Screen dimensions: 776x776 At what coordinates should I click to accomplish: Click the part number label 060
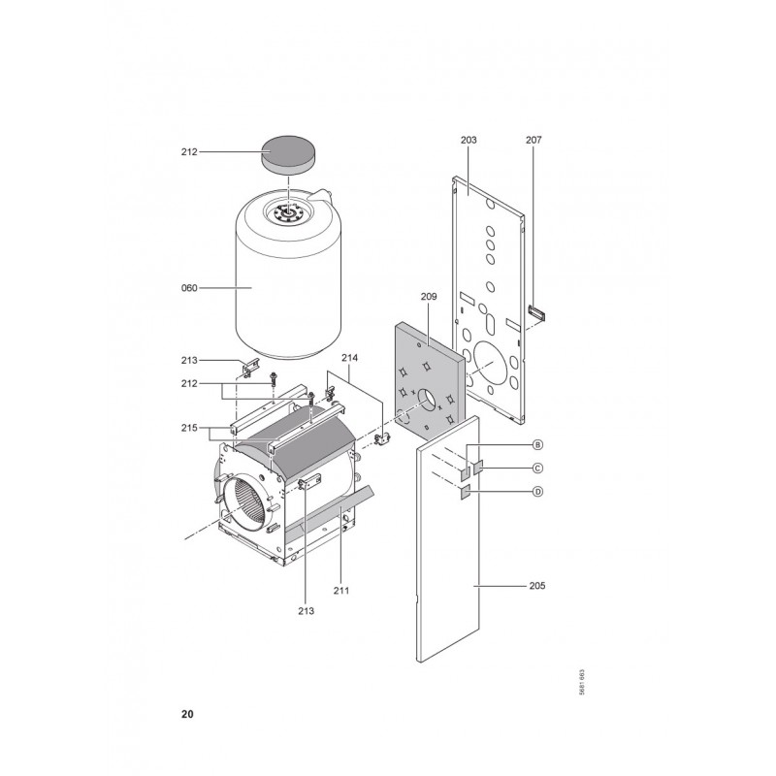(189, 288)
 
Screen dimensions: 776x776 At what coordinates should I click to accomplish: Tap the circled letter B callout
(537, 444)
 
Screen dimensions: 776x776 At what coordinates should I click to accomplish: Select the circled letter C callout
(537, 468)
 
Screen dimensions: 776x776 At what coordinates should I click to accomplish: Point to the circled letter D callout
(537, 492)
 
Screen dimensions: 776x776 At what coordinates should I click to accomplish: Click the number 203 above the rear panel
(469, 140)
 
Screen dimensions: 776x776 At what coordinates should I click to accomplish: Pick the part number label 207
(533, 140)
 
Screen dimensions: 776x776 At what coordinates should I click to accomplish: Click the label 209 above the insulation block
(429, 297)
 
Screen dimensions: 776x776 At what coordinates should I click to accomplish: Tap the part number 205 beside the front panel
(537, 586)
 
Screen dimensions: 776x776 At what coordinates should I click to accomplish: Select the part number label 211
(341, 590)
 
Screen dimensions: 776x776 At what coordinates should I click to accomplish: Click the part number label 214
(350, 357)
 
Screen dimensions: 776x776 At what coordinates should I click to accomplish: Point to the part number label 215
(189, 428)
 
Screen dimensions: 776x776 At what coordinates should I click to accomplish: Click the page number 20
(187, 714)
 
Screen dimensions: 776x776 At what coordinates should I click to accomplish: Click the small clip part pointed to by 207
(536, 313)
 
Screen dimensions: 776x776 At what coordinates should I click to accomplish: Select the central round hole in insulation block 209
(427, 400)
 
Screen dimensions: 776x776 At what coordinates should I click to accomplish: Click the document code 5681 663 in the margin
(582, 683)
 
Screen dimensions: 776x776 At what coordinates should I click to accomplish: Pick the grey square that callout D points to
(466, 493)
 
